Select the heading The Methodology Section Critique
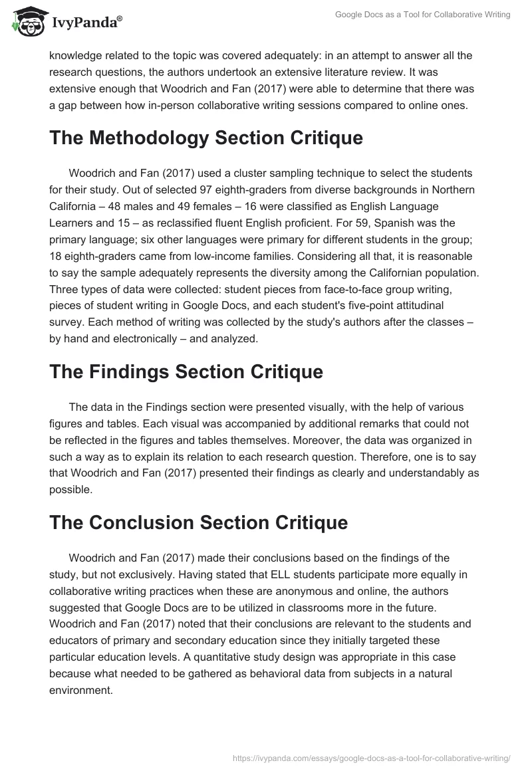pos(206,138)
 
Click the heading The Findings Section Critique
pos(186,372)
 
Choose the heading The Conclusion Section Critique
pos(198,522)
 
